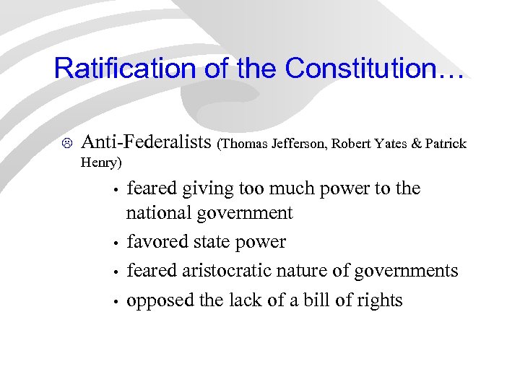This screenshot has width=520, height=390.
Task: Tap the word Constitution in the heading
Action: click(x=376, y=69)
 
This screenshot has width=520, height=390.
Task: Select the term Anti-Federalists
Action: click(x=147, y=142)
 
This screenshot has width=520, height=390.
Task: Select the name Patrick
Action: click(x=446, y=144)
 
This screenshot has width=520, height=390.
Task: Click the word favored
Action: click(x=155, y=242)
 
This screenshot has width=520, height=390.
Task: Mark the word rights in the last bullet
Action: click(x=378, y=300)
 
